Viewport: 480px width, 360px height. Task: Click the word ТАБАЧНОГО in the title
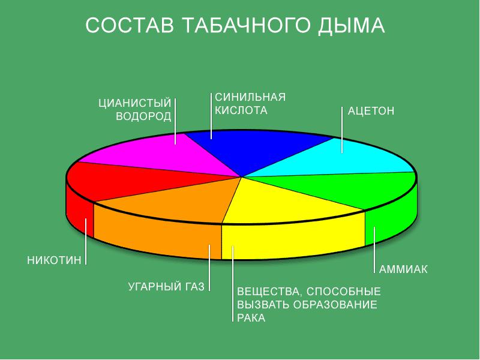coord(248,25)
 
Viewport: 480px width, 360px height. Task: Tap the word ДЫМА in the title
coord(351,26)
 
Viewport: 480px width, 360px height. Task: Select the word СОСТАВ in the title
coord(130,25)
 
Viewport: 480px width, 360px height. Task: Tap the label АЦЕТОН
coord(371,111)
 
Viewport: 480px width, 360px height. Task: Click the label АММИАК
coord(403,269)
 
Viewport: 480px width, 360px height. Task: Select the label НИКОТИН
coord(54,260)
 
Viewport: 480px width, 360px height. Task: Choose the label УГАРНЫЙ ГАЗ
coord(166,287)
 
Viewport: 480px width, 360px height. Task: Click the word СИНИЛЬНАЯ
coord(250,97)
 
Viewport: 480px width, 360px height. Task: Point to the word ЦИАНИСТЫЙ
coord(134,103)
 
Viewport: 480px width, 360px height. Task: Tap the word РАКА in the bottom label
coord(251,318)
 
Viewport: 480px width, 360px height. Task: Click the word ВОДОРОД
coord(143,116)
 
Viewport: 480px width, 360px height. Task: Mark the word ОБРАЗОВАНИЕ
coord(335,305)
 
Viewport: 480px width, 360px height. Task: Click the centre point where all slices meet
coord(242,177)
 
